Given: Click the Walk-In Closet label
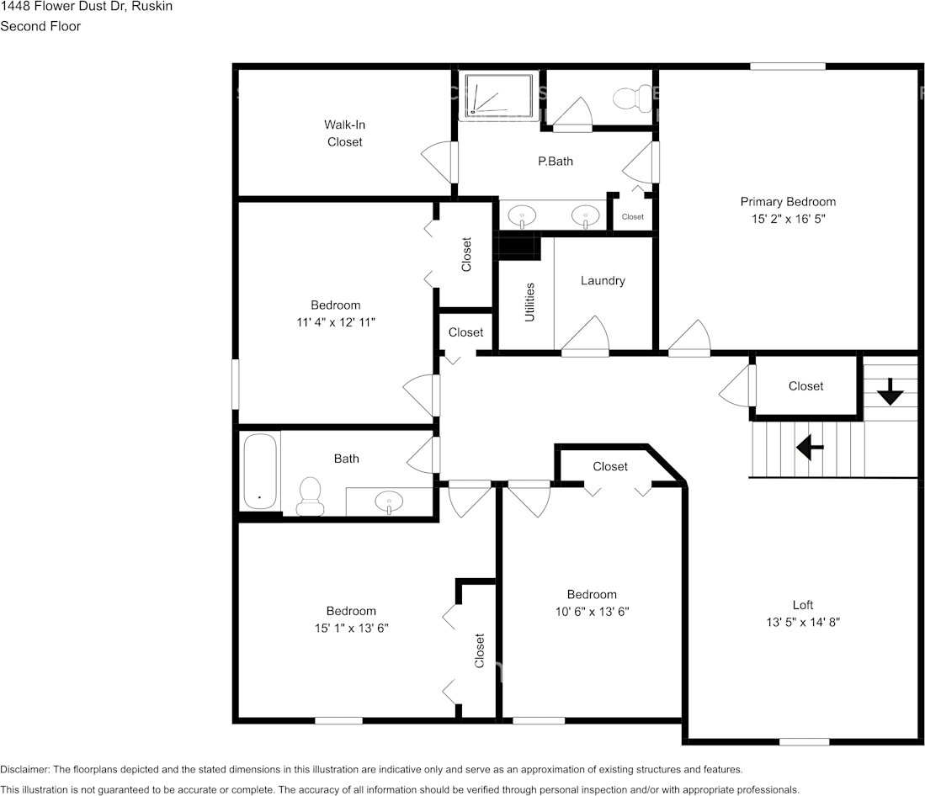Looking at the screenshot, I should coord(344,133).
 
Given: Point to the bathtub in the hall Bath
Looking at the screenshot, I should coord(261,470).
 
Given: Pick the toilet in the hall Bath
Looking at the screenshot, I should coord(310,496).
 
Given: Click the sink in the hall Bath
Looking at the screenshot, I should coord(389,501).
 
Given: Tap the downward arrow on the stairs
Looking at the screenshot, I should coord(890,391).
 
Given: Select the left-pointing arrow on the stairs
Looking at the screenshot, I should coord(810,447).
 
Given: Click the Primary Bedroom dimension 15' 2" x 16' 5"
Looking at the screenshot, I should coord(788,218).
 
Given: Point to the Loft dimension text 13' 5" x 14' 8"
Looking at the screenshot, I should coord(803,622).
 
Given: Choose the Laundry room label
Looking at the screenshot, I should coord(603,280).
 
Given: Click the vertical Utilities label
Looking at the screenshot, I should coord(529,302).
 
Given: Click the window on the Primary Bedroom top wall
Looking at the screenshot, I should coord(788,66).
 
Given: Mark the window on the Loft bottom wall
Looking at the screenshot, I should coord(805,741).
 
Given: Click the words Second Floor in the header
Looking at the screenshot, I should coord(40,26).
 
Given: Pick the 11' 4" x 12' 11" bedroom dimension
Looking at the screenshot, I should coord(336,321).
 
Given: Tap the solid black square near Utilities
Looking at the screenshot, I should coord(518,247).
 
